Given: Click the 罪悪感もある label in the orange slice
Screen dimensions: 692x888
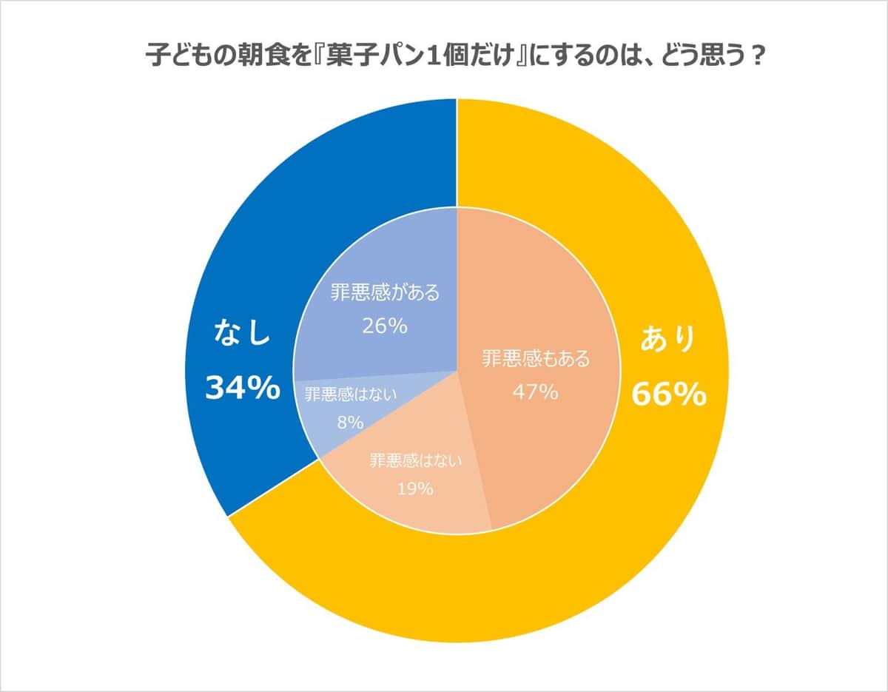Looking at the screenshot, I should [536, 360].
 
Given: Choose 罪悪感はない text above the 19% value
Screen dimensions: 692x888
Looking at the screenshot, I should [416, 460].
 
